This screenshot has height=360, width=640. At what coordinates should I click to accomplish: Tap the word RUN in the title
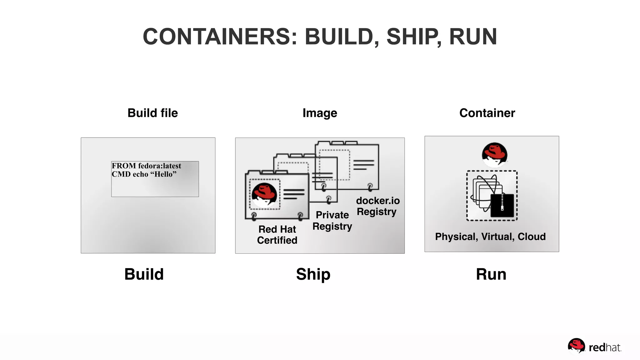pyautogui.click(x=473, y=37)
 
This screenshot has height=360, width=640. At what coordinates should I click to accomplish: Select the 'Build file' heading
pyautogui.click(x=152, y=113)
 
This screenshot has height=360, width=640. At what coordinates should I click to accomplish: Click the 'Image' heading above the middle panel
pyautogui.click(x=320, y=113)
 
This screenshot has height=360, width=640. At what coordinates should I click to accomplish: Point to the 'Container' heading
pyautogui.click(x=487, y=113)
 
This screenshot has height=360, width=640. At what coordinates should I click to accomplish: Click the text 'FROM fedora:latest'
pyautogui.click(x=146, y=166)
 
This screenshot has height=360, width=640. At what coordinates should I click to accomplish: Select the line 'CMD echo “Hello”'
pyautogui.click(x=144, y=174)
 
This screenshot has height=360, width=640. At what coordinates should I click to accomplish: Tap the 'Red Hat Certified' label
pyautogui.click(x=277, y=235)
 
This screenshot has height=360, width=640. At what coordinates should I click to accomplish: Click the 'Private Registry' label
pyautogui.click(x=332, y=221)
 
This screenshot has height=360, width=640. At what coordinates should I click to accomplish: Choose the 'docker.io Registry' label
pyautogui.click(x=377, y=206)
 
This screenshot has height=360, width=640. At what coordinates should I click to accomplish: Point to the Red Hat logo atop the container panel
pyautogui.click(x=494, y=154)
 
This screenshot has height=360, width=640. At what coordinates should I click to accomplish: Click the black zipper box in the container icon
pyautogui.click(x=502, y=205)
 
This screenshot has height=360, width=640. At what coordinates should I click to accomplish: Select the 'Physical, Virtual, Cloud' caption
pyautogui.click(x=490, y=237)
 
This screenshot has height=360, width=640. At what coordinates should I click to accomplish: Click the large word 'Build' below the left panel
pyautogui.click(x=144, y=274)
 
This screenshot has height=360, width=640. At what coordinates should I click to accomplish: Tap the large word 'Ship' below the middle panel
pyautogui.click(x=313, y=274)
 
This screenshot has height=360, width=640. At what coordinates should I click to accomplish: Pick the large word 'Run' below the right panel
pyautogui.click(x=491, y=274)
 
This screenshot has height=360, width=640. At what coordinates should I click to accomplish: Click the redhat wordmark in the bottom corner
pyautogui.click(x=604, y=347)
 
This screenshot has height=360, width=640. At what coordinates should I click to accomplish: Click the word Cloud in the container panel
pyautogui.click(x=532, y=237)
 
